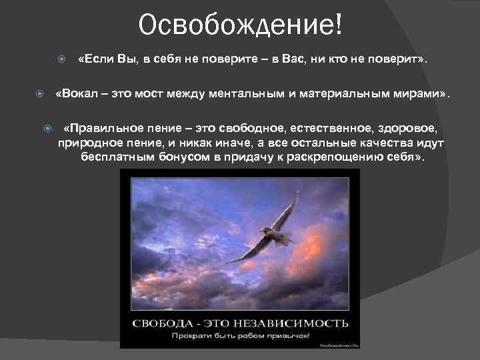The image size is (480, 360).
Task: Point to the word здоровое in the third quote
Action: tap(412, 128)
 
